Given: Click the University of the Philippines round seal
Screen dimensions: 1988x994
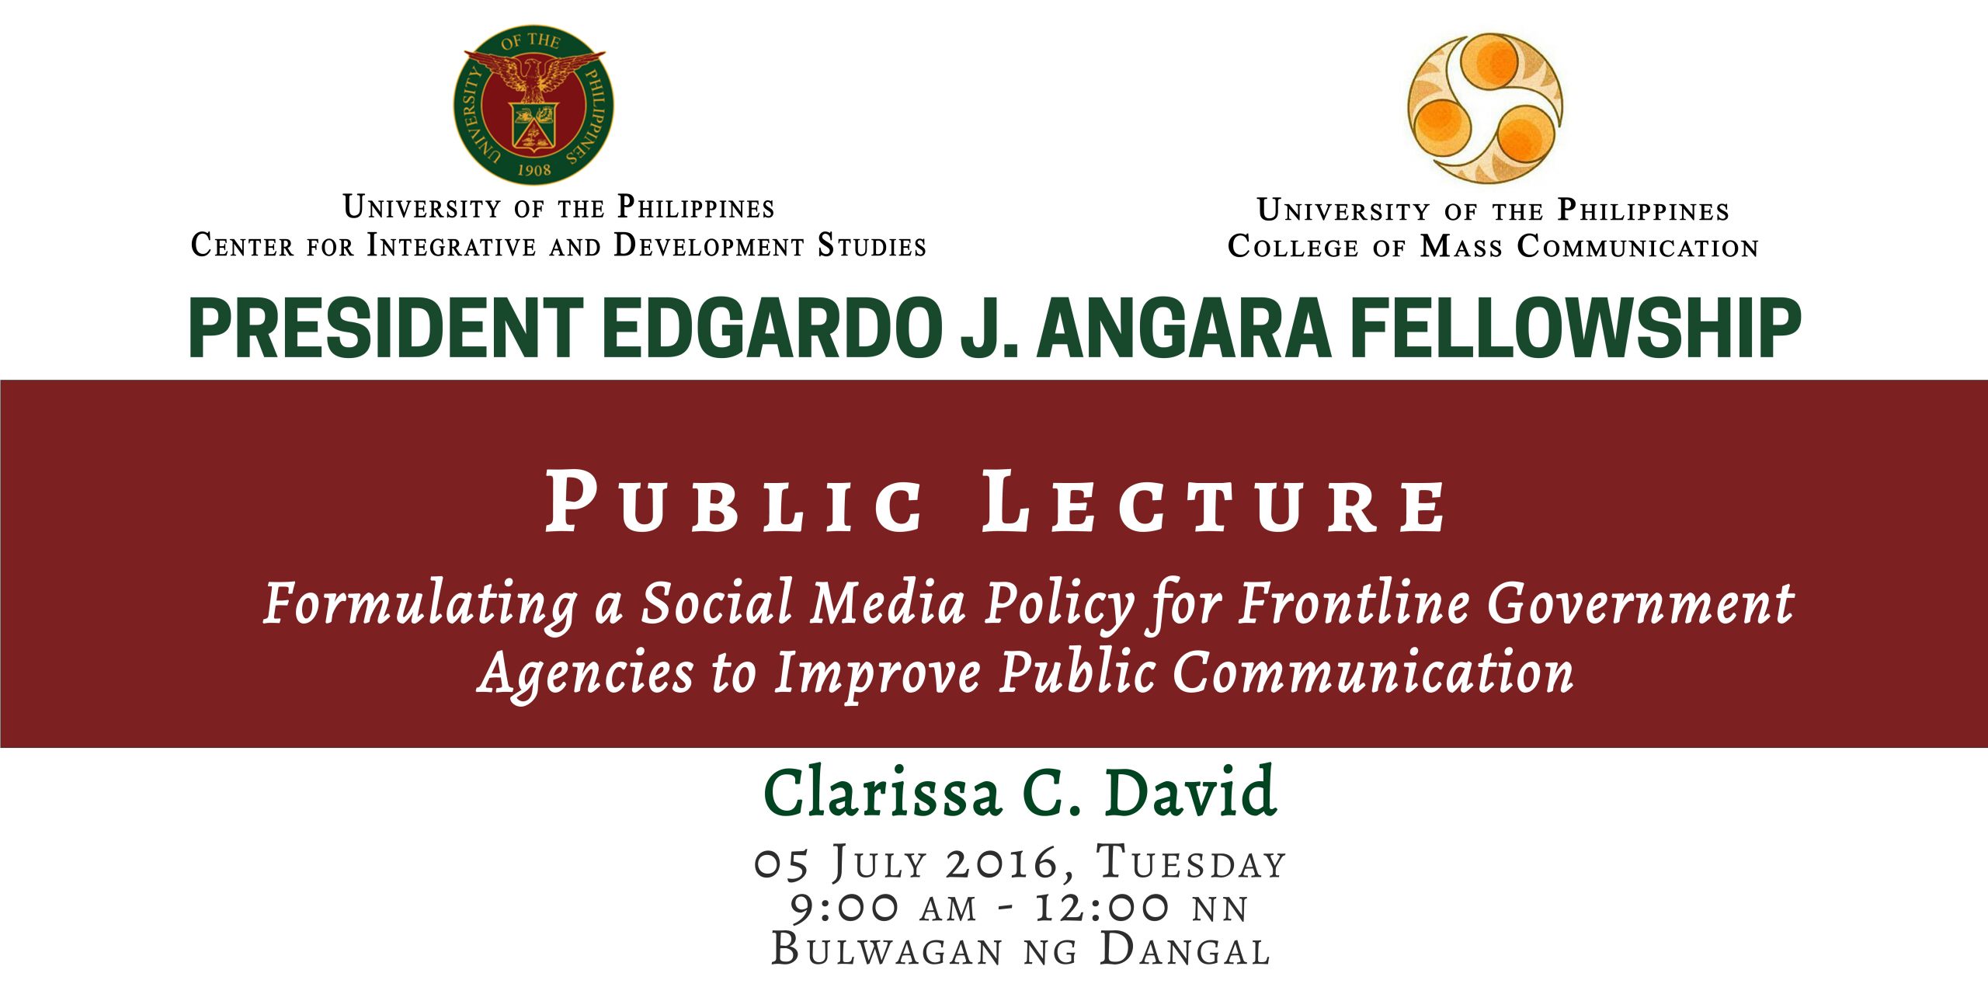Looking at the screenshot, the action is (533, 105).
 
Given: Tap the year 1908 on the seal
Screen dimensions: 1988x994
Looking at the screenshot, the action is (533, 169).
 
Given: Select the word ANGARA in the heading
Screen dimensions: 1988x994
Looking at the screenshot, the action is (1185, 328).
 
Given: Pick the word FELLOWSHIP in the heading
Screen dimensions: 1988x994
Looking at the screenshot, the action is (1576, 328).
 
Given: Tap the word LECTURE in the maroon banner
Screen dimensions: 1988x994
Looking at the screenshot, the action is (1214, 502).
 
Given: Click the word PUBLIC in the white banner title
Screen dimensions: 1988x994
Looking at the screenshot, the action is (735, 502).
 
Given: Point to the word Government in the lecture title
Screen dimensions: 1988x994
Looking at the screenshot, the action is (1641, 603).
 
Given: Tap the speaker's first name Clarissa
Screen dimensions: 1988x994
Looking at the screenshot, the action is (882, 792).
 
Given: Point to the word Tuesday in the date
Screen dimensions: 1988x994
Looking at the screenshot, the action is (1191, 862).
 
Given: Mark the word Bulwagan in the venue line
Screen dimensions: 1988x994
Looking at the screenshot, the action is (887, 950).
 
